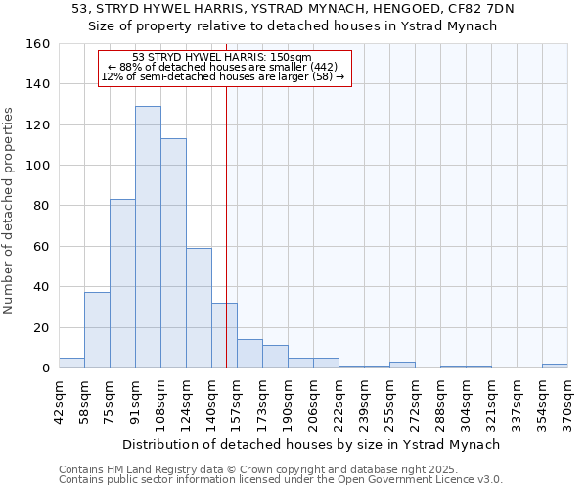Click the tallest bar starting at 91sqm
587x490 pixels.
(148, 237)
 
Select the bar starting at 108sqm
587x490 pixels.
(173, 253)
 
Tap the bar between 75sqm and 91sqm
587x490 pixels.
(122, 283)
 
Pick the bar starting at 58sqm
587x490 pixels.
(97, 329)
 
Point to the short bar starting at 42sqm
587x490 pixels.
(71, 363)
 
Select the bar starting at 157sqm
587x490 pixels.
(249, 354)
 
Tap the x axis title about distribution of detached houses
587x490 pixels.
(311, 444)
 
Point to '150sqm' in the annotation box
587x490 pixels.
(293, 57)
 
